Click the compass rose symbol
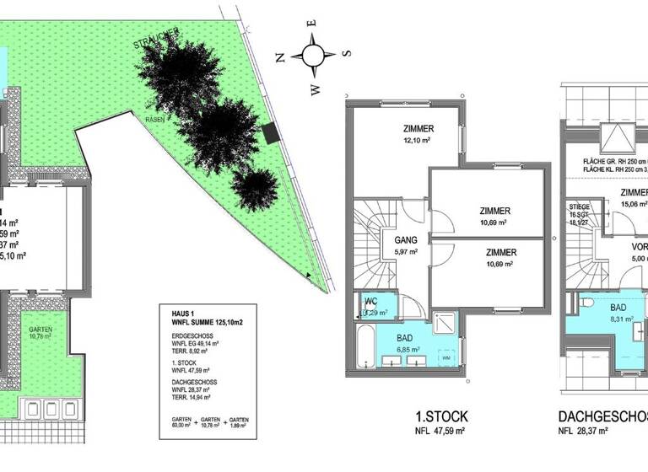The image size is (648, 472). coord(313,56)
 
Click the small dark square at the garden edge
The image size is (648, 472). coord(269,133)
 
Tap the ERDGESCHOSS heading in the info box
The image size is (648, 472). coord(184,335)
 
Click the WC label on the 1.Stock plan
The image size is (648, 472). coord(370,301)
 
